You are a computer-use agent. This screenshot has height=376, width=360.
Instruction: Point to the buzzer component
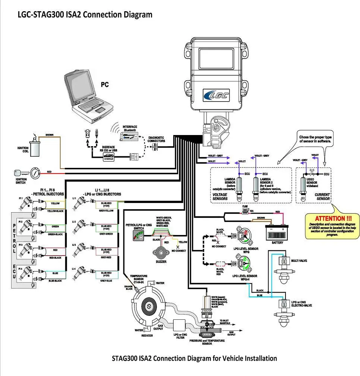coord(161,252)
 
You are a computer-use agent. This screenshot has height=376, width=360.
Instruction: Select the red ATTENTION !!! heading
coord(333,218)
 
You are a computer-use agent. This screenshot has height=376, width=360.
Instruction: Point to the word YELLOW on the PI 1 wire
coord(55,204)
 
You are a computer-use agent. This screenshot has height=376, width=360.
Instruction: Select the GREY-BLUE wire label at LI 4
coord(106,281)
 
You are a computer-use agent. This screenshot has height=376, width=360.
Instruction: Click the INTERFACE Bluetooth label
coord(130,128)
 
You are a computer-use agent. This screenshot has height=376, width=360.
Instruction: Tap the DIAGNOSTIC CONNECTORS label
coord(156,139)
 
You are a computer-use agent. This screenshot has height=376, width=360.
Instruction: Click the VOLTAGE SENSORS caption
coord(220,197)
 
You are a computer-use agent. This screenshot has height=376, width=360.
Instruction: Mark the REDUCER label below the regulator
coord(147,335)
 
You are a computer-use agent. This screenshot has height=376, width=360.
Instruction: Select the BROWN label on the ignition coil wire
coord(50,135)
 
